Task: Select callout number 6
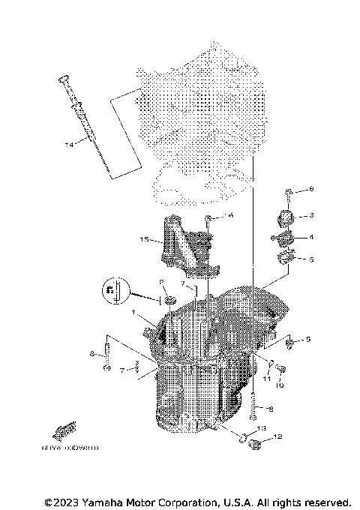click(x=312, y=189)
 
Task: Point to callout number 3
click(x=312, y=215)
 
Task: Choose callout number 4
click(x=312, y=237)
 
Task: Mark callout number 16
click(x=231, y=216)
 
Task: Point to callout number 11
click(x=266, y=378)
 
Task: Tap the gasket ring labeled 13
click(x=244, y=438)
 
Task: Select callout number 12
click(x=277, y=436)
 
